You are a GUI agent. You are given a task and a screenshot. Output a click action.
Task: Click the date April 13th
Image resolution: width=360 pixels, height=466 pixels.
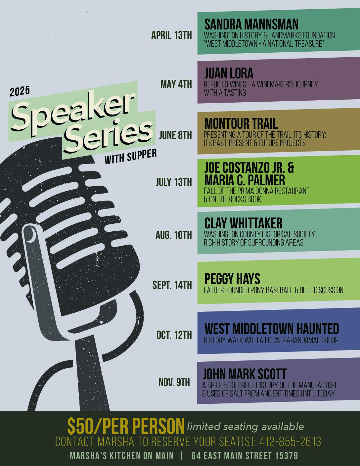tap(171, 35)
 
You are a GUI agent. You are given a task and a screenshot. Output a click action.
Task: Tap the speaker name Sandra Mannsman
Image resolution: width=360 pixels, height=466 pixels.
tap(251, 24)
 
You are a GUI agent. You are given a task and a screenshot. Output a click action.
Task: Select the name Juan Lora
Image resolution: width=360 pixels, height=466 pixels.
tap(229, 73)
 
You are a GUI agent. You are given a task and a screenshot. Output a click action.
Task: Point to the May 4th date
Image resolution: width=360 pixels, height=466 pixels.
tap(176, 84)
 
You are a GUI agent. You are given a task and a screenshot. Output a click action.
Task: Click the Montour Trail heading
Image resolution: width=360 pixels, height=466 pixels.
tap(241, 123)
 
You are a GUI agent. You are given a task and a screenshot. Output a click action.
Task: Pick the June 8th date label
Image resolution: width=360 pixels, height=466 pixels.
tap(175, 135)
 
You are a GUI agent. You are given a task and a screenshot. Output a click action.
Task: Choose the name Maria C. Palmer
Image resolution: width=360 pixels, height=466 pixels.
tap(245, 180)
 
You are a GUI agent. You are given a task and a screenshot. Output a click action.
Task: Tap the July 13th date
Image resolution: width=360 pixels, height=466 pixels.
tap(174, 182)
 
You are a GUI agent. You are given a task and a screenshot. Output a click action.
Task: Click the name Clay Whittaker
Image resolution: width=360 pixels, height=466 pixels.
tap(243, 223)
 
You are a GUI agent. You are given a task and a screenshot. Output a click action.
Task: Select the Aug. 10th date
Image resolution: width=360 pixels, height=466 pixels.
tap(174, 235)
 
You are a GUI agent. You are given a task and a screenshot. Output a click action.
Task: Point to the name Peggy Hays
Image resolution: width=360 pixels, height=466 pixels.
tap(232, 279)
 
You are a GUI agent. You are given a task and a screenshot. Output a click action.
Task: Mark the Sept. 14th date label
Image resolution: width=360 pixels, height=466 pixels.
tap(172, 285)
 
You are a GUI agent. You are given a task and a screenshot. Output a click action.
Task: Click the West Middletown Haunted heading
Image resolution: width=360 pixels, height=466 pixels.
tap(272, 329)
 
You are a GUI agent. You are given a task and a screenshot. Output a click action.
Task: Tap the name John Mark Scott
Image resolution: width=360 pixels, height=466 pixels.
tap(245, 374)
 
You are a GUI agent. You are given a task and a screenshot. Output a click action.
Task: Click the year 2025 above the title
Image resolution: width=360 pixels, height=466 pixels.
tap(20, 91)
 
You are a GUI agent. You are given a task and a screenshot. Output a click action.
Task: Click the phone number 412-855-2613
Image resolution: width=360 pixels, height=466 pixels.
tap(290, 442)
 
